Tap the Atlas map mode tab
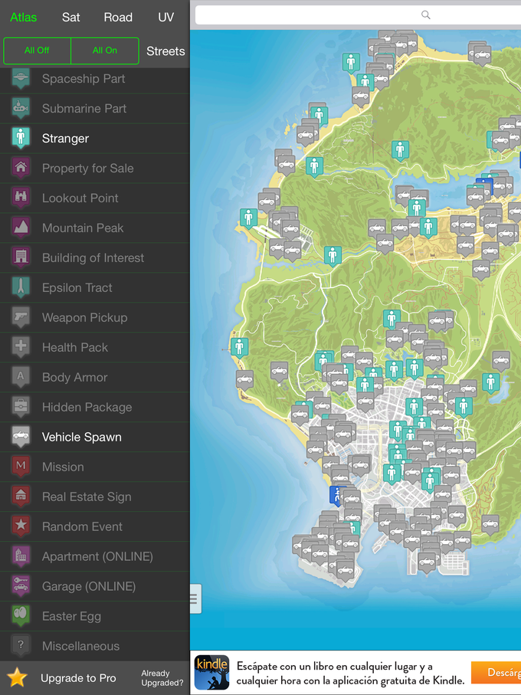coord(24,17)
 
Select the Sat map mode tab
coord(70,17)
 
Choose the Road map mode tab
coord(118,17)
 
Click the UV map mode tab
coord(165,17)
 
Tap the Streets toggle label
coord(165,51)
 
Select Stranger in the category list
coord(65,139)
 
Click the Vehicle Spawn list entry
coord(81,437)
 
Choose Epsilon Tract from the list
coord(77,287)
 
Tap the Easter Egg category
coord(71,616)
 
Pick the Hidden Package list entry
coord(87,407)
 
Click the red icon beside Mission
coord(21,467)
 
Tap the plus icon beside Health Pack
coord(21,347)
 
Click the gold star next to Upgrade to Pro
coord(18,677)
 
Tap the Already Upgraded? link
coord(162,677)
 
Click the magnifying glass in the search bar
coord(426,15)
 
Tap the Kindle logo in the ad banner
coord(211,672)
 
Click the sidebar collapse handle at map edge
coord(195,598)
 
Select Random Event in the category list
coord(82,526)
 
